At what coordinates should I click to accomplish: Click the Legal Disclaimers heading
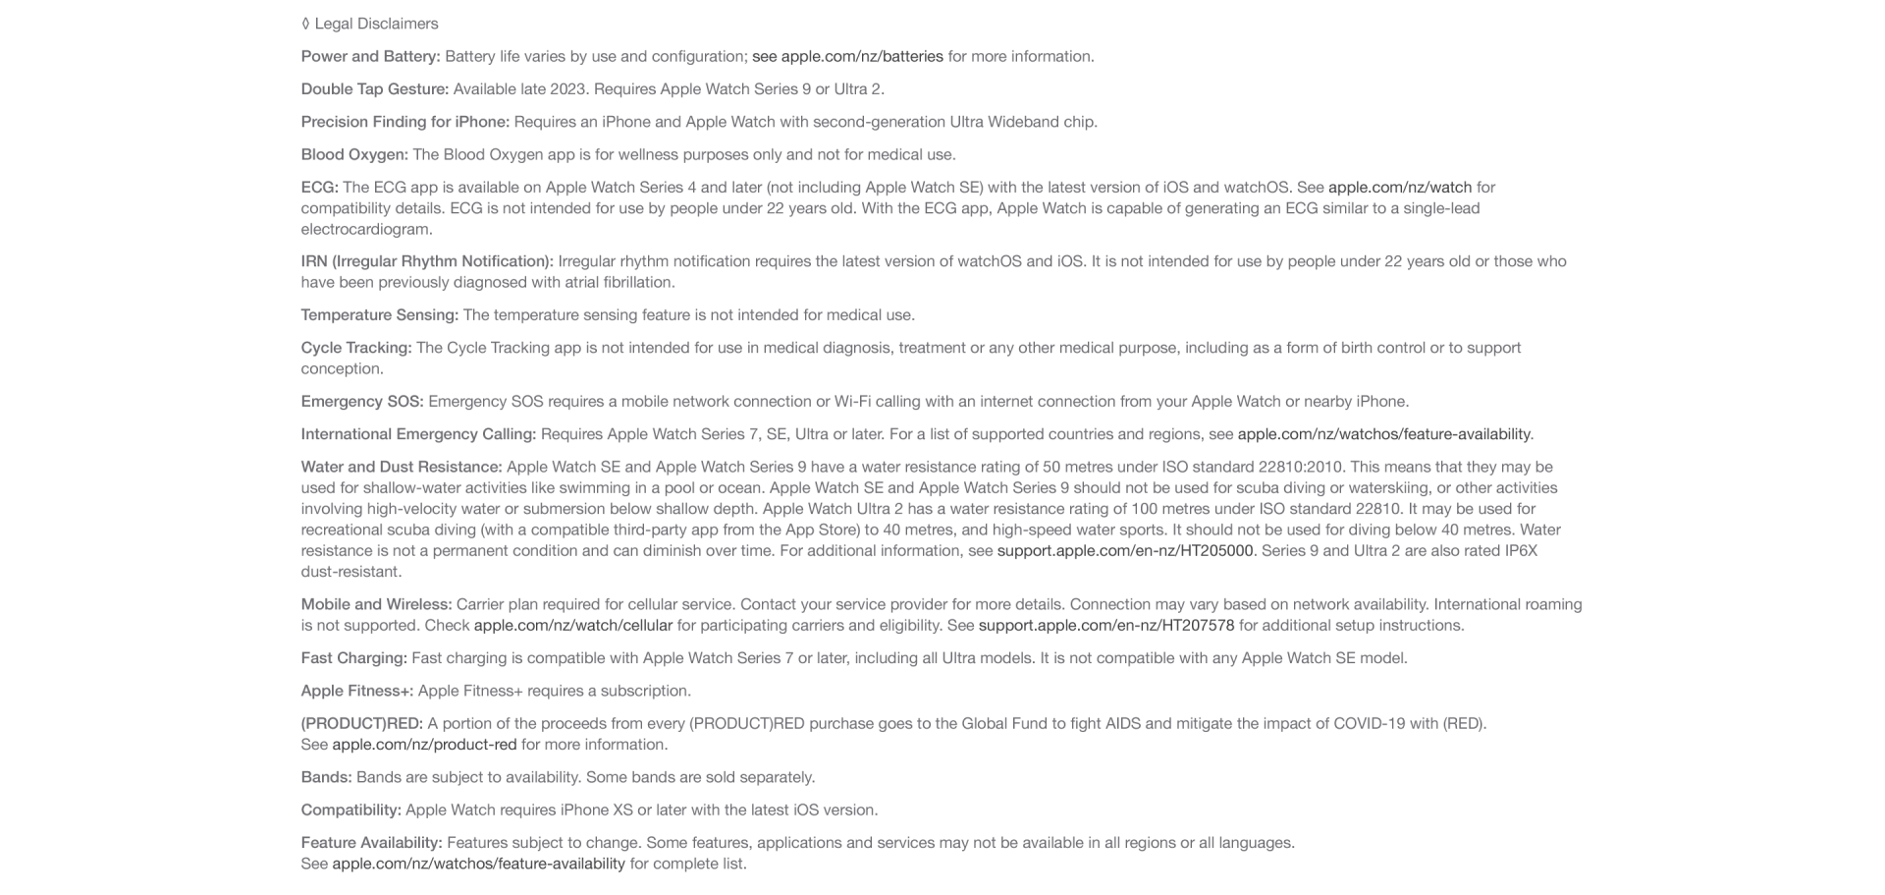click(370, 24)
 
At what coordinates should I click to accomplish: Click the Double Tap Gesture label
click(374, 89)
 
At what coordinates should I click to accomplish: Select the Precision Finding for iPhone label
click(404, 122)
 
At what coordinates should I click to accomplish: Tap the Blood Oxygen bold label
click(353, 154)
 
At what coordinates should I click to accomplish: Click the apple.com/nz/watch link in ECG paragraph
click(1399, 188)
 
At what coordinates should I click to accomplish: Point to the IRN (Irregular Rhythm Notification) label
click(426, 261)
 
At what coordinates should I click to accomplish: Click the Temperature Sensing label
click(379, 315)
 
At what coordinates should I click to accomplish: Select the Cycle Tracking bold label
click(355, 348)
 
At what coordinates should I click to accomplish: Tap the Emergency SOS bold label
click(361, 402)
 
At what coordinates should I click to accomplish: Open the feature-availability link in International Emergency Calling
click(1382, 434)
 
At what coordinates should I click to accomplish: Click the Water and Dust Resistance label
click(401, 467)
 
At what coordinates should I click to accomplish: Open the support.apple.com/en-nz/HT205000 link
click(1124, 551)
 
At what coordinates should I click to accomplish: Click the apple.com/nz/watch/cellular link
click(572, 626)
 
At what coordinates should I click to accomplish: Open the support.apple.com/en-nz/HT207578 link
click(1105, 626)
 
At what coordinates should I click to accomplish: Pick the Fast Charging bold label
click(353, 658)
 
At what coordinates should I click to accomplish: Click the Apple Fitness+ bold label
click(356, 691)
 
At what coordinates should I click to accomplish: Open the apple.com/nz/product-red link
click(424, 745)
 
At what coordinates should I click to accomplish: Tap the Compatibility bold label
click(350, 811)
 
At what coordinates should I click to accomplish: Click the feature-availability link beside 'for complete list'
click(478, 864)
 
